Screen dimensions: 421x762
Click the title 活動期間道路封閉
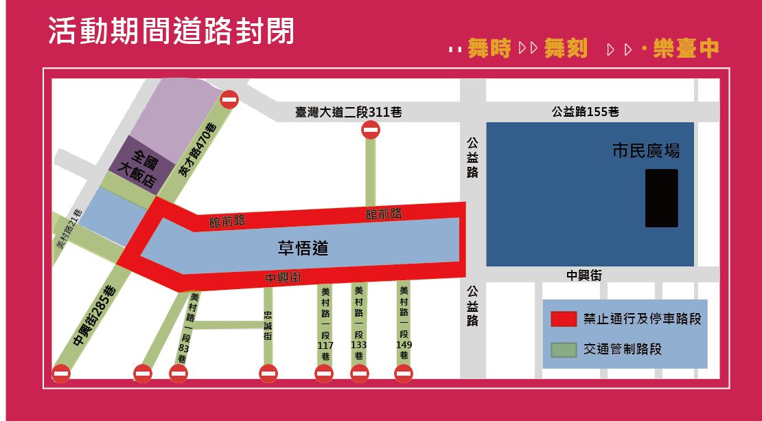click(171, 32)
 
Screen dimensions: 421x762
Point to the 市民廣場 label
click(645, 150)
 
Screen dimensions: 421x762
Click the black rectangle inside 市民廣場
click(661, 198)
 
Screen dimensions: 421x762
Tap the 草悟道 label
click(303, 248)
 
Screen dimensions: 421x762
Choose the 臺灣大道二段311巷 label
click(348, 112)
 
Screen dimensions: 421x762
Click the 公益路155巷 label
click(585, 111)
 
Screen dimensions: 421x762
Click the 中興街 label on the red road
click(284, 278)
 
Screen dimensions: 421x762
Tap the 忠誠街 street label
click(268, 327)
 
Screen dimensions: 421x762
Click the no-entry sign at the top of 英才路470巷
click(229, 100)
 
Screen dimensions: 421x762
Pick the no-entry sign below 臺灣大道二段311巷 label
click(371, 129)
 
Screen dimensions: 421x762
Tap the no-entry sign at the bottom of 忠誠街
click(268, 374)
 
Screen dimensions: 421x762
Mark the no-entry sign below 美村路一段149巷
click(404, 374)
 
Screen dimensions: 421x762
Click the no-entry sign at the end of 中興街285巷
click(61, 374)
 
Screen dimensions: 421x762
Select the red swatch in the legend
click(564, 319)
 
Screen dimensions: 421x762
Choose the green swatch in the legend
click(564, 350)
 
